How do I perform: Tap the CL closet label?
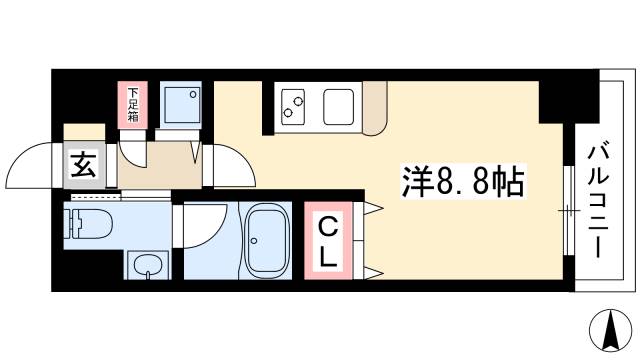[x=327, y=244]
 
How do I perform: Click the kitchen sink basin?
[x=337, y=103]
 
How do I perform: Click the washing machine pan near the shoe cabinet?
[x=181, y=101]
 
